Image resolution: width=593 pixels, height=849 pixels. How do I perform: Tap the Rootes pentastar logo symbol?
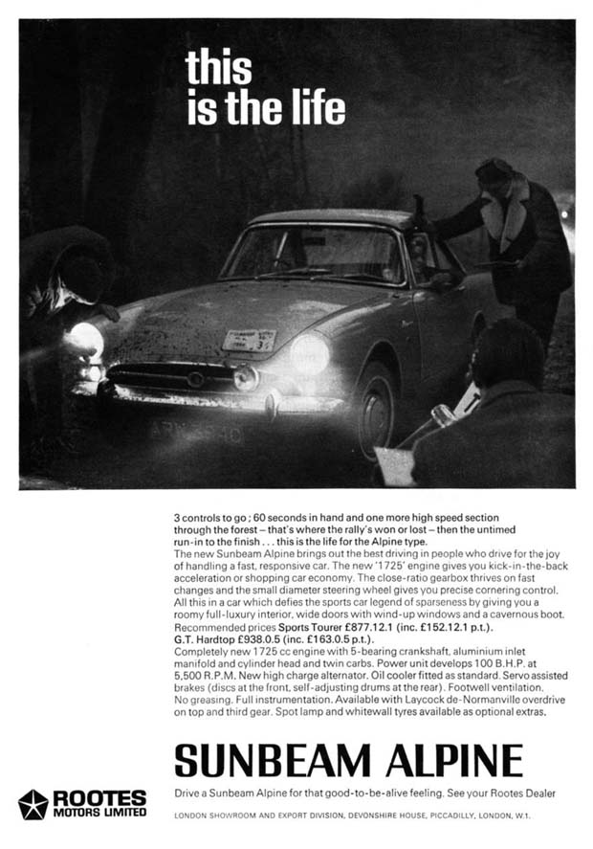click(x=33, y=804)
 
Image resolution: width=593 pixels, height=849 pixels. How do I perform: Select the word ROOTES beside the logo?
click(x=99, y=797)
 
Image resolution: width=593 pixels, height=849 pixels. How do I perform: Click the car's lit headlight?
click(x=309, y=353)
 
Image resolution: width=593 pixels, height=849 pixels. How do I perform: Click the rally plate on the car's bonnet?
click(x=249, y=340)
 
